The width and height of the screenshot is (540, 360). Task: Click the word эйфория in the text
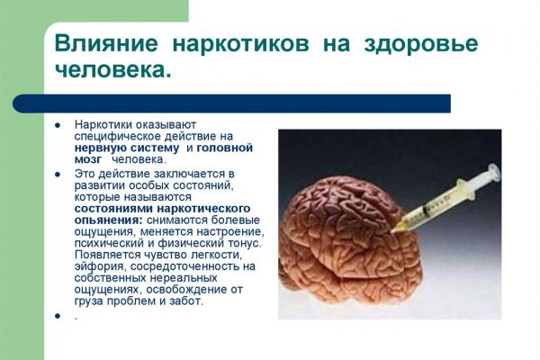point(101,266)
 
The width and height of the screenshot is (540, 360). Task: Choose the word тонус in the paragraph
point(244,243)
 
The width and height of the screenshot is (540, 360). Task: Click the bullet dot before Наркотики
point(57,124)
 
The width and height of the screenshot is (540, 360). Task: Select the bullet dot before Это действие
point(57,172)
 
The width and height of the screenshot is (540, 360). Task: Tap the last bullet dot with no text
point(57,316)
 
